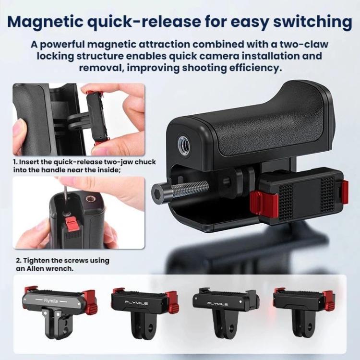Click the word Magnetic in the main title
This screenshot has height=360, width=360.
pyautogui.click(x=45, y=22)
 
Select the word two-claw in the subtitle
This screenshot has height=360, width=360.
pyautogui.click(x=303, y=44)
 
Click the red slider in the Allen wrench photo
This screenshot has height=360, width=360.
pyautogui.click(x=71, y=224)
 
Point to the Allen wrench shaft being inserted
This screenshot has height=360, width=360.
pyautogui.click(x=65, y=199)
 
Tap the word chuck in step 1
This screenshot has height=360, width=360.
pyautogui.click(x=145, y=162)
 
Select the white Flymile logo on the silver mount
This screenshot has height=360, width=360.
pyautogui.click(x=51, y=301)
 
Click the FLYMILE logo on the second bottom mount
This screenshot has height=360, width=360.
pyautogui.click(x=136, y=303)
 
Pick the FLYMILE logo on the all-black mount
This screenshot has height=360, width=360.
pyautogui.click(x=217, y=304)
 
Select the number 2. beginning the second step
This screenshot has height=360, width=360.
pyautogui.click(x=19, y=261)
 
